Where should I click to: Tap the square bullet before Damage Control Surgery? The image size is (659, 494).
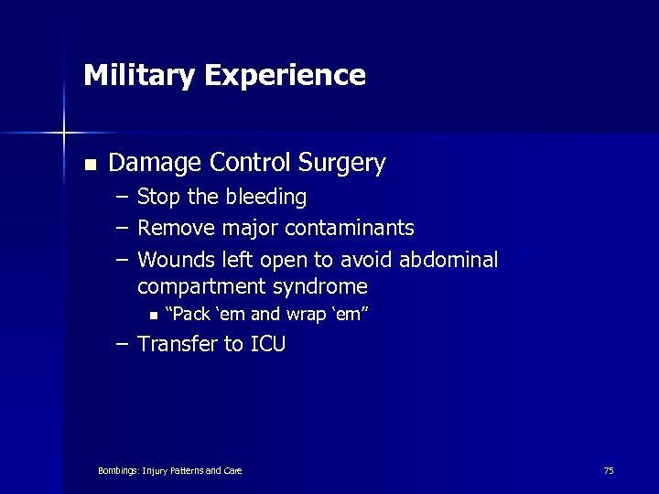(x=89, y=166)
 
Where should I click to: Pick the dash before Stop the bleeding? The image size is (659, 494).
(x=122, y=198)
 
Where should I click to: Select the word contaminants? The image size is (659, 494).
(x=350, y=228)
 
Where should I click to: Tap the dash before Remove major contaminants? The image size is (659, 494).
(x=122, y=228)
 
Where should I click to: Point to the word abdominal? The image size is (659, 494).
(x=449, y=260)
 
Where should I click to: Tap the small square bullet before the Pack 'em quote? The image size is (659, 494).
(x=153, y=317)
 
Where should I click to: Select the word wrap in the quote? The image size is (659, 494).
(x=300, y=316)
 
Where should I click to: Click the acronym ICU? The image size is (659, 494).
(x=267, y=345)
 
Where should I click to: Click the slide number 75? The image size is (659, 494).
(x=609, y=470)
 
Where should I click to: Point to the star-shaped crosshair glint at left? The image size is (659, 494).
(x=64, y=134)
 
